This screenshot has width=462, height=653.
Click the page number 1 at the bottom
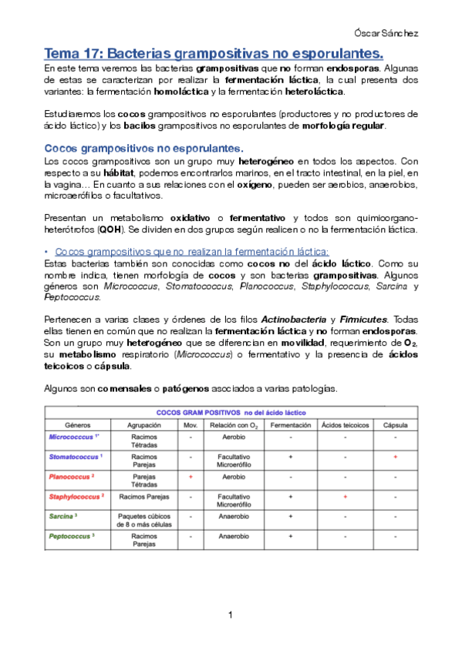230,614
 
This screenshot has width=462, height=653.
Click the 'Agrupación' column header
144,425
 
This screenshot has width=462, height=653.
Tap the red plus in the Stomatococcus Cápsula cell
395,457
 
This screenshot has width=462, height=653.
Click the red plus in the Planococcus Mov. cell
190,477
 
